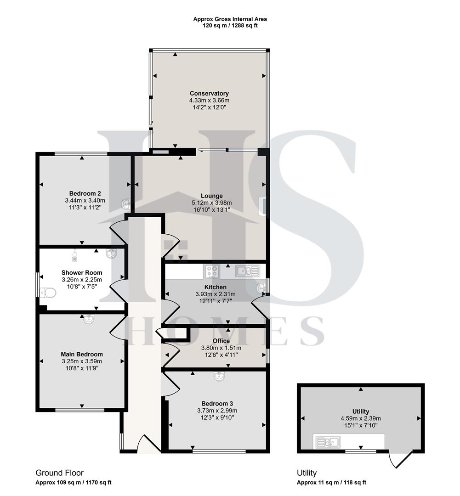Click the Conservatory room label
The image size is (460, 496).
coord(209,93)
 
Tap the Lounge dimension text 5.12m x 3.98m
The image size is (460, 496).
coord(211,203)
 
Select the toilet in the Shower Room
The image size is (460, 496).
coord(47,292)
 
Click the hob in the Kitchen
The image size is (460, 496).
coord(211,271)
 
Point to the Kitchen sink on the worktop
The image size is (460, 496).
coord(248,271)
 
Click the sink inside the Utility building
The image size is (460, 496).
coord(328,442)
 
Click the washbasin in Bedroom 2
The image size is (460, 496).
coord(125,203)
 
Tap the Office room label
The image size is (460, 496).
coord(221,341)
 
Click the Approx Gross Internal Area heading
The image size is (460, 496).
coord(230,19)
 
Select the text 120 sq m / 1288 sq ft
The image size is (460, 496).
coord(230,26)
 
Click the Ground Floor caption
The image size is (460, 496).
coord(60,473)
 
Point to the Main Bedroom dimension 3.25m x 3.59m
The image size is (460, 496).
coord(82,361)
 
